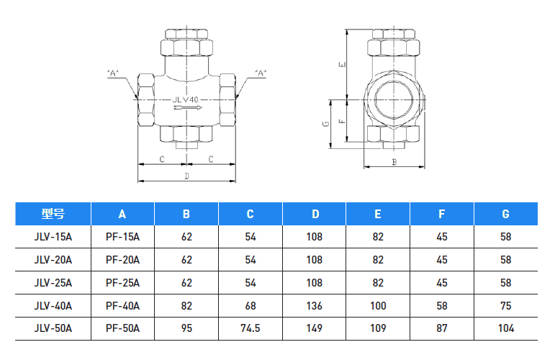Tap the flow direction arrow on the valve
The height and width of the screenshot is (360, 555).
tap(185, 109)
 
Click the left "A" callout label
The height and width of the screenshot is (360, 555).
tap(113, 73)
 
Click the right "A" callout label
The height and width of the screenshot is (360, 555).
tap(261, 73)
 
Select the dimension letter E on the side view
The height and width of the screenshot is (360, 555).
tap(343, 64)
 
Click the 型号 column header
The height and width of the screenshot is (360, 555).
tap(53, 214)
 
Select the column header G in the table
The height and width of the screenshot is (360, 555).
tap(505, 214)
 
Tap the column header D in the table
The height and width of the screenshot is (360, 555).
tap(315, 214)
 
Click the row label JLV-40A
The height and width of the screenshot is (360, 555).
tap(53, 305)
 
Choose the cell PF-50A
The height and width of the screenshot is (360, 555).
tap(122, 328)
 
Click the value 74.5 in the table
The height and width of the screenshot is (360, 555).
tap(251, 328)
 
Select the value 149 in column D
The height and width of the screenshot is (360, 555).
tap(315, 328)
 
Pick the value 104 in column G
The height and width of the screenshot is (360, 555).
tap(505, 328)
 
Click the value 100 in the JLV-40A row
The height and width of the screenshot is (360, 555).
tap(378, 305)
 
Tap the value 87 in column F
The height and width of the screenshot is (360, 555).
tap(442, 328)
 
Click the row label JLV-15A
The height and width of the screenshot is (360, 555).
tap(53, 236)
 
